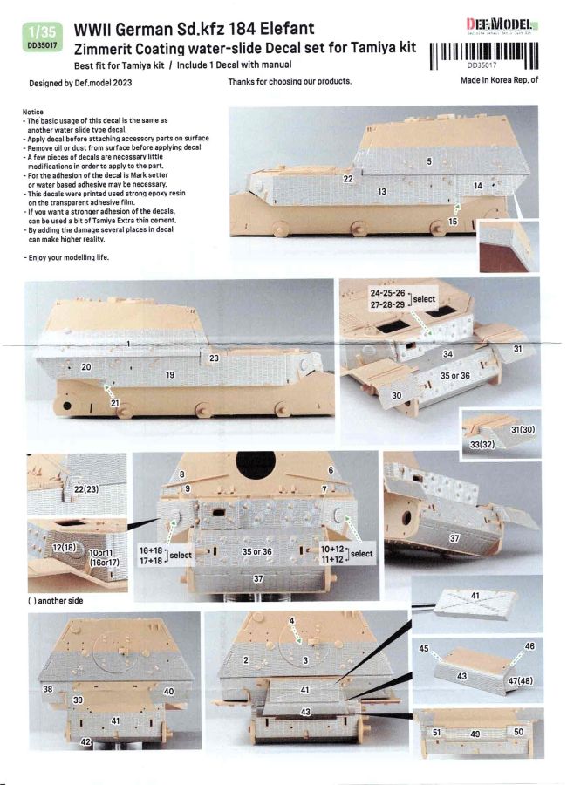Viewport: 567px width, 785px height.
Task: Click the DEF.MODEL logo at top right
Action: (x=502, y=25)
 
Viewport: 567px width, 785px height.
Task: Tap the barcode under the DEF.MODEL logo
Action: (x=484, y=55)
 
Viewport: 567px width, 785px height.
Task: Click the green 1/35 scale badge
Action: (x=43, y=37)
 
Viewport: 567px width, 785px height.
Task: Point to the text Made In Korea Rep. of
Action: (x=499, y=79)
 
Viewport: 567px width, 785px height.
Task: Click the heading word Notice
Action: (x=33, y=112)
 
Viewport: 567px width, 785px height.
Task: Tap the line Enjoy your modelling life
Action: (x=66, y=257)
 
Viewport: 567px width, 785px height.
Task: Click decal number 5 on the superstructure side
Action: (x=429, y=161)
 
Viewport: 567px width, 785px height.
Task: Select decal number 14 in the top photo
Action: (x=478, y=186)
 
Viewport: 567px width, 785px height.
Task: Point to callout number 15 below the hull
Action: (x=453, y=221)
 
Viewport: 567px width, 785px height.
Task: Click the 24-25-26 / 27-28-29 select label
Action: (x=402, y=299)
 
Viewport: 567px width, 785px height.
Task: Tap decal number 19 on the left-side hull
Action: (x=170, y=374)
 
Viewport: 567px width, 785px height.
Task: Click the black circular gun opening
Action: (x=256, y=465)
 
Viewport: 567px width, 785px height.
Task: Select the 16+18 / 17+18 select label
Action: (x=165, y=556)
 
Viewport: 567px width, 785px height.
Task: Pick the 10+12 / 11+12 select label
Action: (x=346, y=554)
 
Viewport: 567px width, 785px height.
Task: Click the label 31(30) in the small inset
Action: (x=523, y=429)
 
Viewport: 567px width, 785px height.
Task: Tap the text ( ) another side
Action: (x=55, y=601)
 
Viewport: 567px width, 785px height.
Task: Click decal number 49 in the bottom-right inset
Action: (x=475, y=734)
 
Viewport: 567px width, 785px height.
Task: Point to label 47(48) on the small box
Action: (x=521, y=681)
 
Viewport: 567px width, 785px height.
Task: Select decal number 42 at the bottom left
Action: (x=85, y=741)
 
